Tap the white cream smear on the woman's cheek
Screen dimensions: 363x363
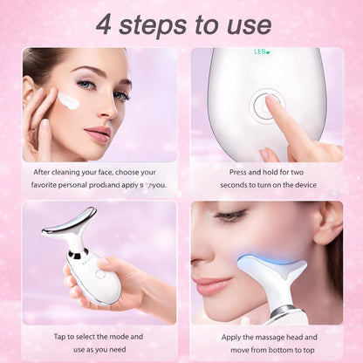(x=69, y=102)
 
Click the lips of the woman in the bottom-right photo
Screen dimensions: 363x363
(x=208, y=284)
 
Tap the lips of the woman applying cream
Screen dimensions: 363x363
(x=99, y=135)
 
